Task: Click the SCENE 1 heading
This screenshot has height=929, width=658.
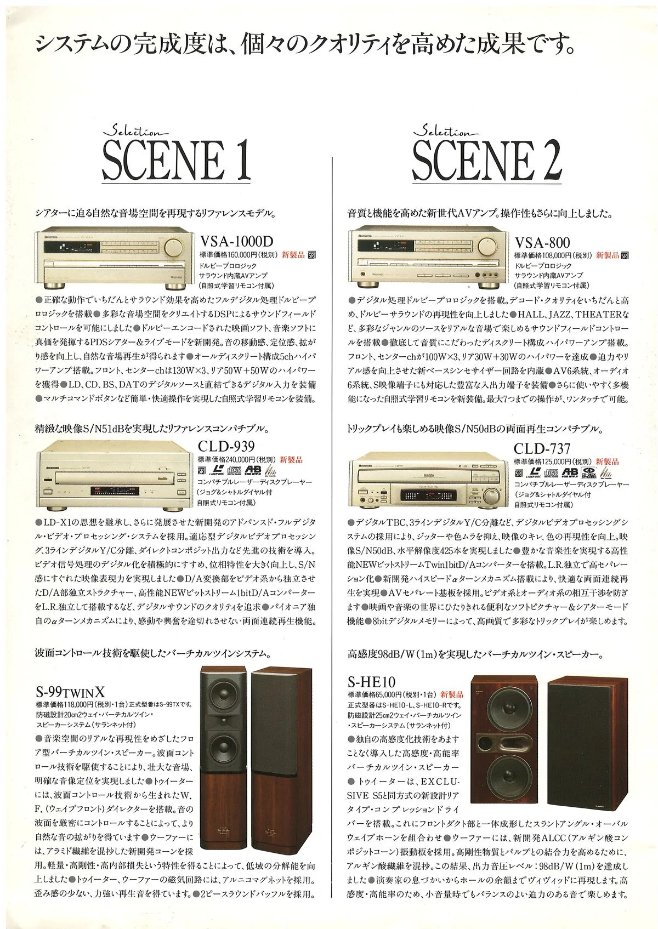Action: tap(176, 159)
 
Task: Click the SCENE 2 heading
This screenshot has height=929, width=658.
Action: tap(486, 159)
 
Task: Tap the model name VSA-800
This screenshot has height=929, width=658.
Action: tap(542, 242)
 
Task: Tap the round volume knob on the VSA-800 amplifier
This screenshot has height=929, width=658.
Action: tap(489, 245)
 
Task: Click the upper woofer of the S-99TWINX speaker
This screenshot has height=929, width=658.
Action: tap(224, 695)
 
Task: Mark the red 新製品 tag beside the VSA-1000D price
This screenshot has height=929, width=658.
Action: tap(293, 255)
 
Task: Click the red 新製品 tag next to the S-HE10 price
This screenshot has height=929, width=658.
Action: tap(452, 694)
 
